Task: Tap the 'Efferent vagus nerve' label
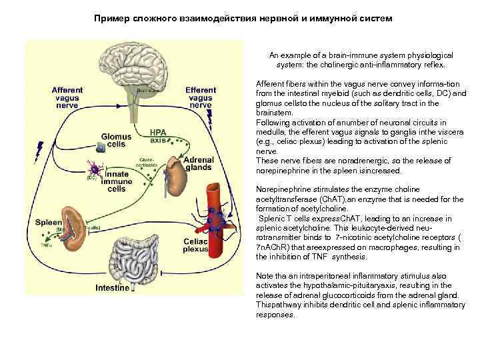click(201, 97)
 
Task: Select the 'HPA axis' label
click(159, 136)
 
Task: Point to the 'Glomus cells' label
click(116, 140)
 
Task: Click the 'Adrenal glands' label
click(198, 164)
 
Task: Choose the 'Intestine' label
click(112, 289)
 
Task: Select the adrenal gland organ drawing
click(175, 174)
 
